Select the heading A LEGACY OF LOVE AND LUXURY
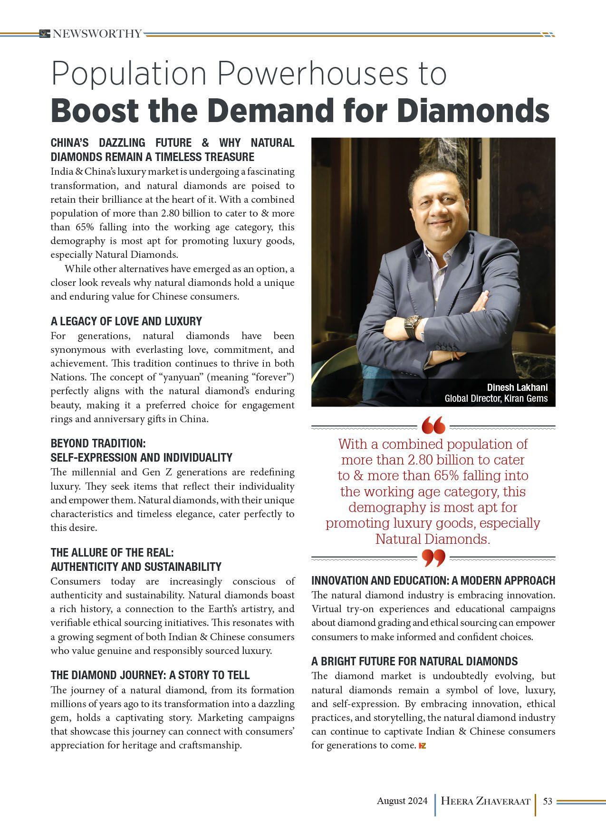(126, 321)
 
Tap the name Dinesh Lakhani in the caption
(517, 387)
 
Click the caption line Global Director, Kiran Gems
(496, 398)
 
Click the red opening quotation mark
(433, 426)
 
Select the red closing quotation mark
(433, 558)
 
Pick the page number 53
(547, 801)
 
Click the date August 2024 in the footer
(402, 801)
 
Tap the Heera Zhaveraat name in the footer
(485, 801)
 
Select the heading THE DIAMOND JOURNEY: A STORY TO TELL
(150, 675)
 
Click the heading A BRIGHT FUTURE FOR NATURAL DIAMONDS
(414, 661)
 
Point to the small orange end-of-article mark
(422, 746)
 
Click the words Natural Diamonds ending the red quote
(432, 540)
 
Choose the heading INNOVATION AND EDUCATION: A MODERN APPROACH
(433, 580)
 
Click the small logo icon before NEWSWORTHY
(45, 34)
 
